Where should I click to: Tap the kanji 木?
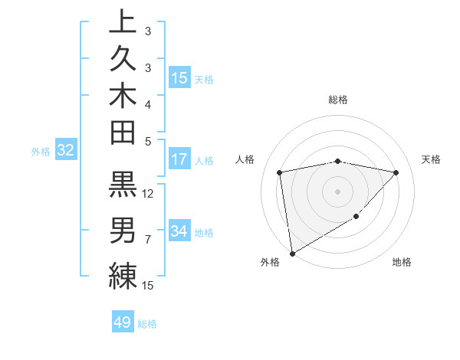coord(123,96)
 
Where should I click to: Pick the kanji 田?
coord(123,133)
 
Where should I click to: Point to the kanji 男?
coord(123,230)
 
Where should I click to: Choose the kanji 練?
coord(123,275)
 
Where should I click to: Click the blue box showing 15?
coord(179,77)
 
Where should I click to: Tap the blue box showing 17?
coord(179,159)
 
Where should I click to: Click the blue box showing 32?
coord(66,150)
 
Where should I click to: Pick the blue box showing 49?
coord(123,322)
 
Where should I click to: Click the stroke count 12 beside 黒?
coord(149,194)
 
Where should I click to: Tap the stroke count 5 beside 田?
coord(147,140)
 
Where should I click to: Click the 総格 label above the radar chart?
coord(338,99)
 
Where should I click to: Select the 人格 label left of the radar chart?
coord(245,159)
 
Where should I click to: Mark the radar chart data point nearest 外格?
coord(292,254)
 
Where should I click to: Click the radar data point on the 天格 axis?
coord(396,172)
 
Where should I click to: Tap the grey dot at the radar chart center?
coord(338,191)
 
